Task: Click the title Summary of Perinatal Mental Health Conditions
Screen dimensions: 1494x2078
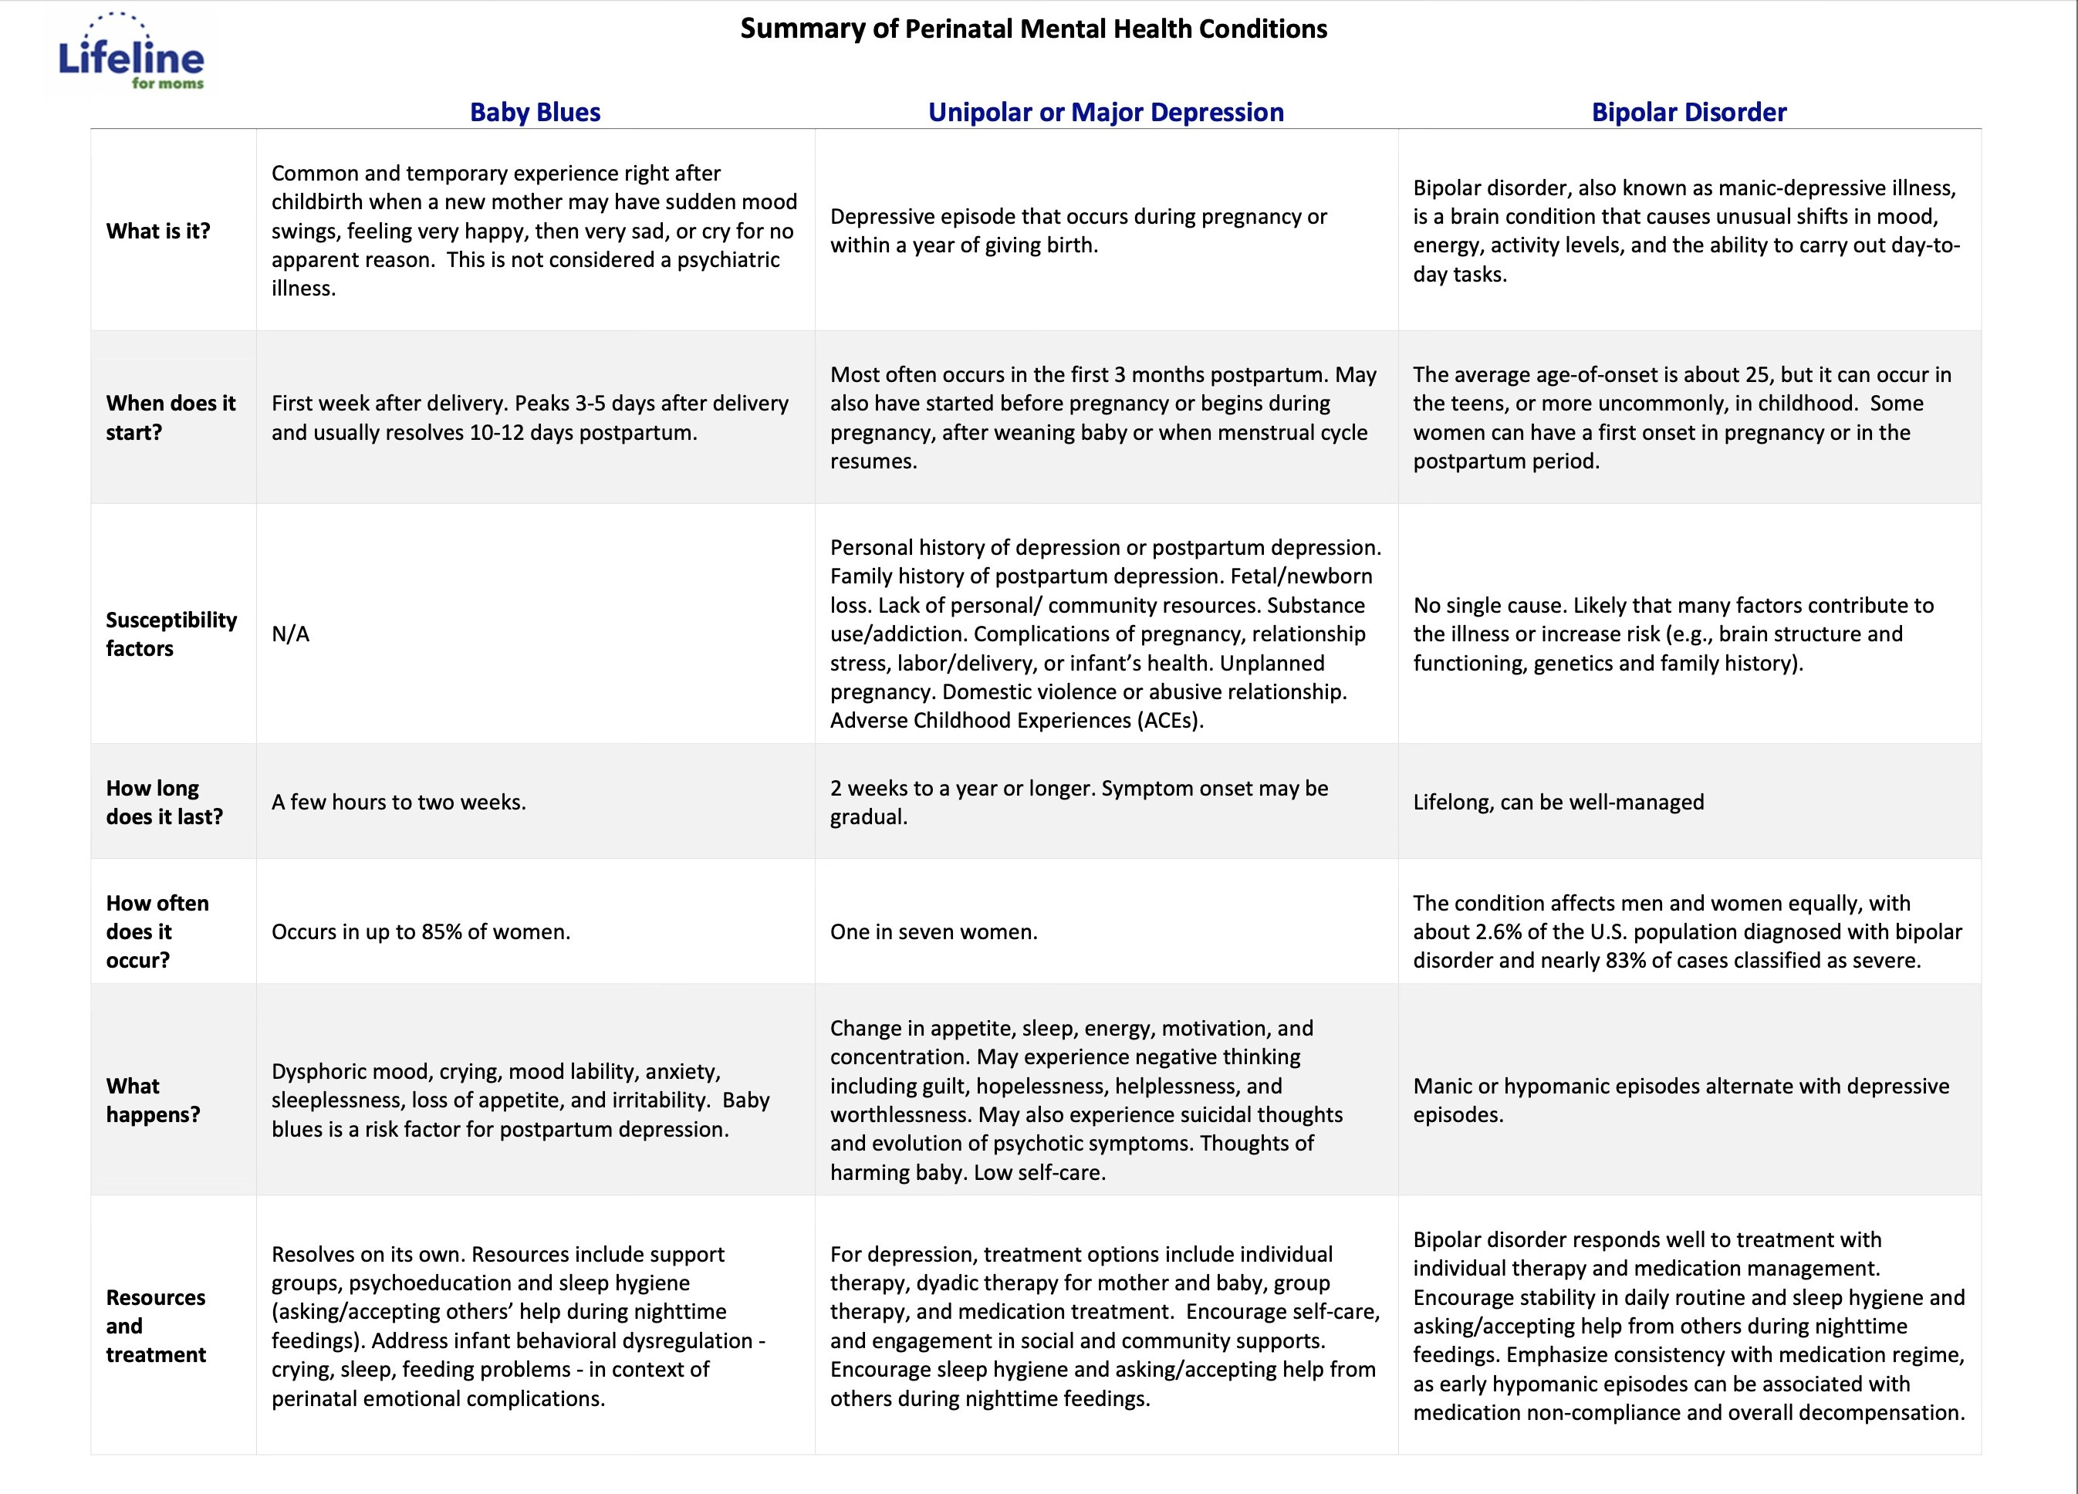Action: [x=1032, y=29]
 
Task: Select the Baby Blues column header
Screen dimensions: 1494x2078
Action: [x=535, y=112]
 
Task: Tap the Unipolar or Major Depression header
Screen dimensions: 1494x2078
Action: [x=1105, y=112]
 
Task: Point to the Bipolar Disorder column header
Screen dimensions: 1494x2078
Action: [x=1688, y=112]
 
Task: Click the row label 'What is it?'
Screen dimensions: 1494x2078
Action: [x=157, y=231]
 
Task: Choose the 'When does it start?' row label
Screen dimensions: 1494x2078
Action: [x=171, y=418]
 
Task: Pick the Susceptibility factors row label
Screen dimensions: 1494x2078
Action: [x=171, y=634]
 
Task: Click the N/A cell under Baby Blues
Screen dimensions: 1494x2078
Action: [x=290, y=634]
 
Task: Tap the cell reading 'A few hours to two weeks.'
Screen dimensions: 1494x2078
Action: [x=399, y=802]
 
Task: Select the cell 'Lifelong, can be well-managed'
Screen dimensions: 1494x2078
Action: [x=1558, y=802]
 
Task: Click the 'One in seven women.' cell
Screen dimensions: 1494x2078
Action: [x=933, y=932]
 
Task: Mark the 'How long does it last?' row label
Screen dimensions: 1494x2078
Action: [x=164, y=802]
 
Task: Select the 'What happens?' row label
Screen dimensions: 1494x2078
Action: [x=152, y=1100]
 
